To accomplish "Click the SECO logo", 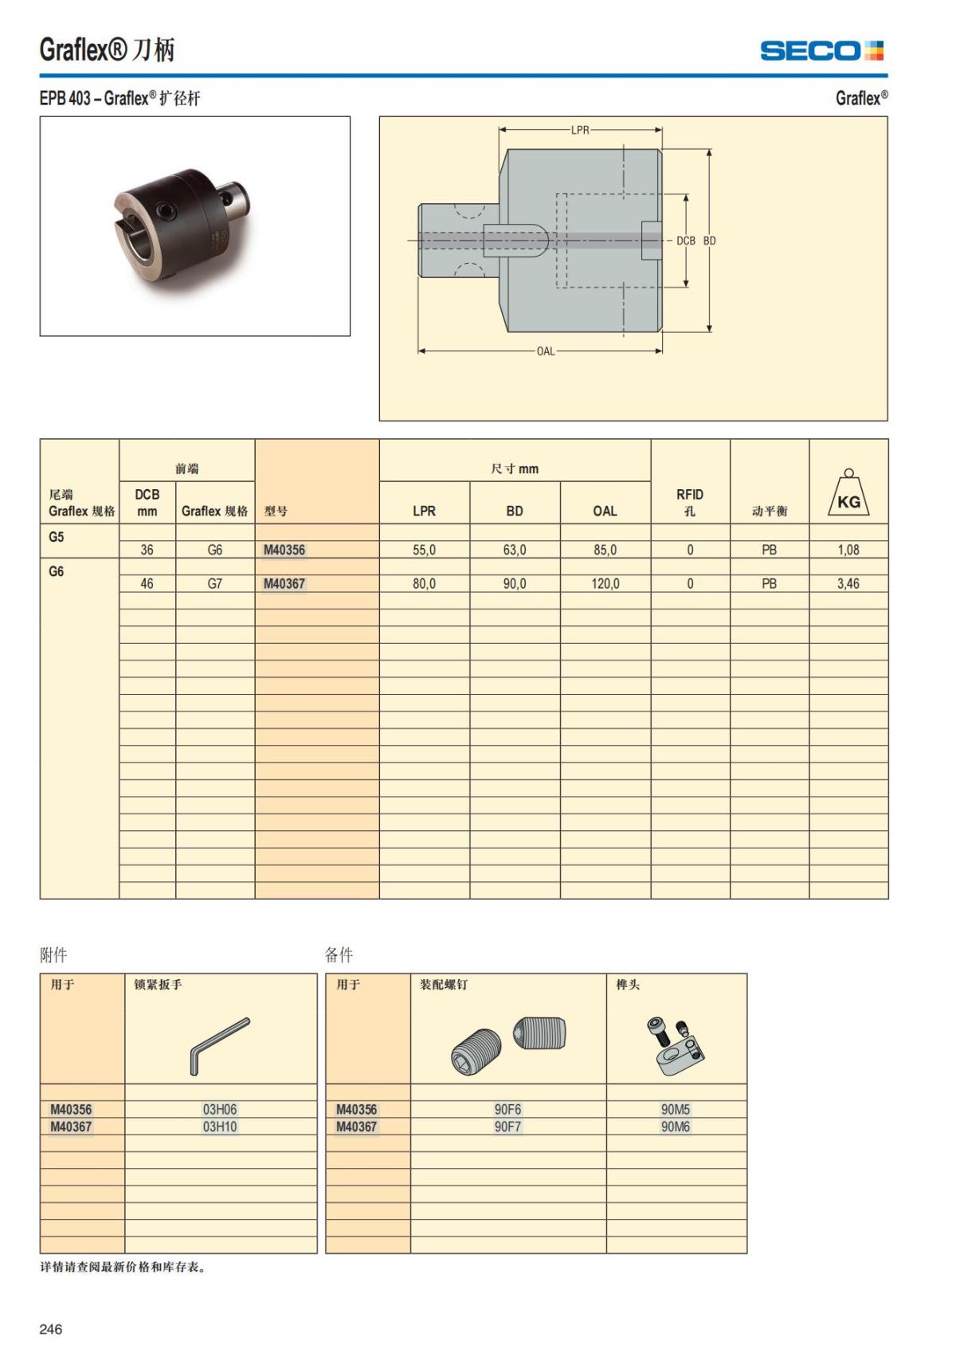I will pyautogui.click(x=821, y=51).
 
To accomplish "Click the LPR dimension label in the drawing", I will pyautogui.click(x=580, y=130).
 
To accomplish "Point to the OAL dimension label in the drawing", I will pyautogui.click(x=545, y=351).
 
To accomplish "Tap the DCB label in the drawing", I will pyautogui.click(x=685, y=241).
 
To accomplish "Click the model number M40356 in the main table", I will pyautogui.click(x=284, y=550).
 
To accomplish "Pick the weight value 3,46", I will pyautogui.click(x=848, y=584).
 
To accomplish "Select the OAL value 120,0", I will pyautogui.click(x=605, y=584).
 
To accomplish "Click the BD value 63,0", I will pyautogui.click(x=515, y=550).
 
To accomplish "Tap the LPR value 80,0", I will pyautogui.click(x=424, y=584).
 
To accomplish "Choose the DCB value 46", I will pyautogui.click(x=147, y=584).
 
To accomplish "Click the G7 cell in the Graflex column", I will pyautogui.click(x=215, y=584).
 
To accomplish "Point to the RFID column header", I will pyautogui.click(x=690, y=503).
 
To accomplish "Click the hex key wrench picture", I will pyautogui.click(x=220, y=1045).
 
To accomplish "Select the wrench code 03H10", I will pyautogui.click(x=220, y=1127).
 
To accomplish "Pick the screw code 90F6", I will pyautogui.click(x=507, y=1109).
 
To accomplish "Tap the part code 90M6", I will pyautogui.click(x=676, y=1127).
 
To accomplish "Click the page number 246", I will pyautogui.click(x=51, y=1329).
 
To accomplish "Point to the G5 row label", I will pyautogui.click(x=56, y=537).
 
